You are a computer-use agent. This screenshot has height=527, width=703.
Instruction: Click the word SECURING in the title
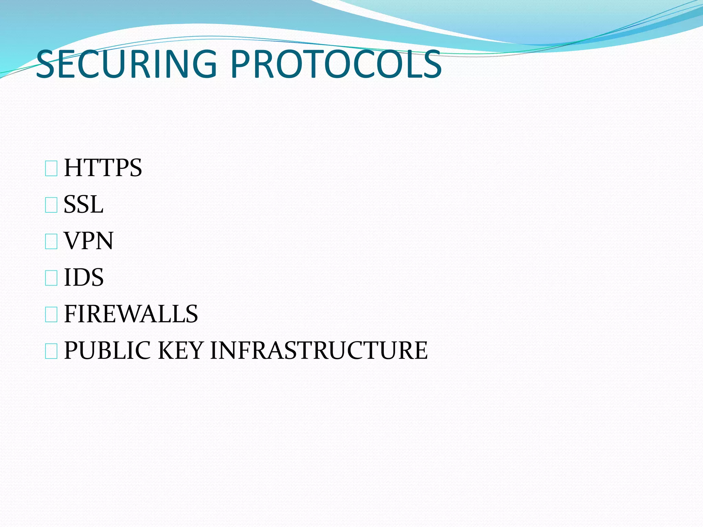(126, 64)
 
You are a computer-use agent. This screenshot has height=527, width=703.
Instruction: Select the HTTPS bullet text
(103, 168)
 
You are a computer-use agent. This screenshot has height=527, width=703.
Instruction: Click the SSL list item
(83, 204)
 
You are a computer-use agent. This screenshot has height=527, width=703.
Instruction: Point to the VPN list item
(89, 241)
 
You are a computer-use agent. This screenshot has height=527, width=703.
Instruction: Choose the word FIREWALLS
(131, 314)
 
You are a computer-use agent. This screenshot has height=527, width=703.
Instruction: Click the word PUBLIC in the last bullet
(107, 350)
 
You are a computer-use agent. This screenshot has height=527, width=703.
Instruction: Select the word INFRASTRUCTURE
(319, 350)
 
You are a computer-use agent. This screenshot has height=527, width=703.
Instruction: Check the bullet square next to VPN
(51, 242)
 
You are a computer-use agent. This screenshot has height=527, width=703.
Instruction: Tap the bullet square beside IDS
(51, 279)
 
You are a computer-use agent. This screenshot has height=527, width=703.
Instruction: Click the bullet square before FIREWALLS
(51, 315)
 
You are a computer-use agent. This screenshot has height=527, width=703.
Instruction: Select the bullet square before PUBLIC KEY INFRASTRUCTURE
(51, 352)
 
